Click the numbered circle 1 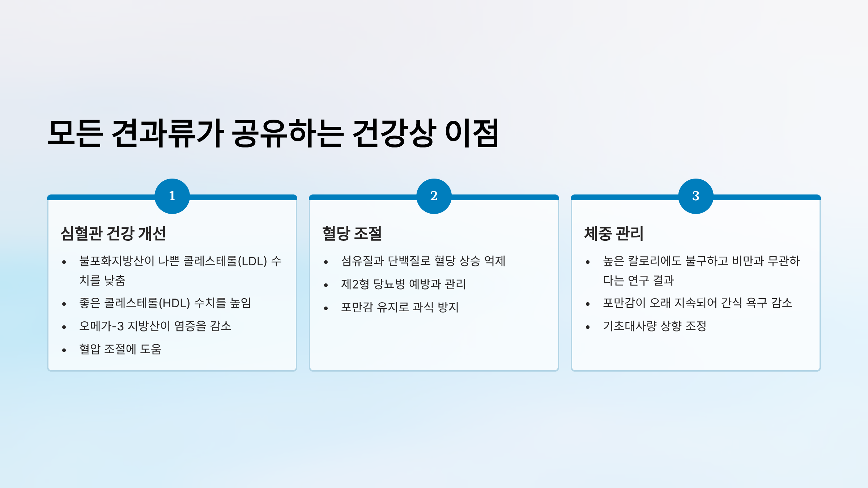(172, 196)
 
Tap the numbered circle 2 (434, 196)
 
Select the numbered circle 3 (696, 196)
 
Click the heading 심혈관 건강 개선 (113, 234)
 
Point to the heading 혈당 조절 (352, 234)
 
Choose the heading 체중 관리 (614, 234)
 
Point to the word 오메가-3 (102, 326)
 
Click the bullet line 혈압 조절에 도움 (120, 350)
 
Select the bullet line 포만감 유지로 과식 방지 (400, 308)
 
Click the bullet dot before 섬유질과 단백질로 (326, 262)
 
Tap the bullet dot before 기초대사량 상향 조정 (588, 328)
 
